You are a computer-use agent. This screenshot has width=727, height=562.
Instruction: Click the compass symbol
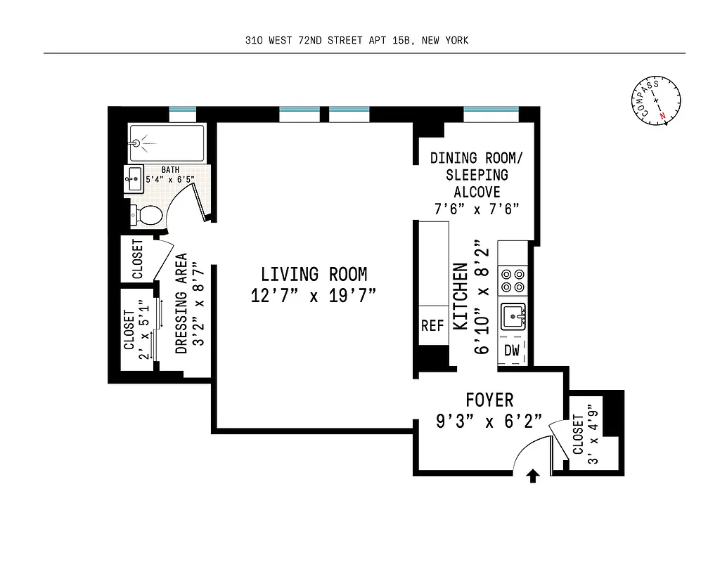coord(657,101)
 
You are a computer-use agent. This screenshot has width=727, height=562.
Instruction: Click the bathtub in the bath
coord(167,143)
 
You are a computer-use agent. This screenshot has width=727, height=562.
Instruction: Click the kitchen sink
coord(513,318)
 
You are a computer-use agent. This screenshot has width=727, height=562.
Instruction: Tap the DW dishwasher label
coord(512,351)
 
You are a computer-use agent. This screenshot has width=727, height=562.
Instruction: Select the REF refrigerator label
coord(433,326)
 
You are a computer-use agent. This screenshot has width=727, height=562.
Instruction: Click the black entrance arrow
coord(533,478)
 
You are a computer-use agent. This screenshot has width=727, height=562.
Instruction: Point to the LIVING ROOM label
coord(314,274)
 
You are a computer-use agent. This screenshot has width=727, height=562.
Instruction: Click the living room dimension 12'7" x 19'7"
coord(314,296)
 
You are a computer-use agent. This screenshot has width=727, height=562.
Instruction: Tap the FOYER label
coord(489,400)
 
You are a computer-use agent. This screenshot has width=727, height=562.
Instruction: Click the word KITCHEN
coord(460,296)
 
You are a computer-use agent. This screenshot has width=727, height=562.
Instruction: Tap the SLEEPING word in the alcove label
coord(477,175)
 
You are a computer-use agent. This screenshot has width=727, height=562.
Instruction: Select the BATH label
coord(170,169)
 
